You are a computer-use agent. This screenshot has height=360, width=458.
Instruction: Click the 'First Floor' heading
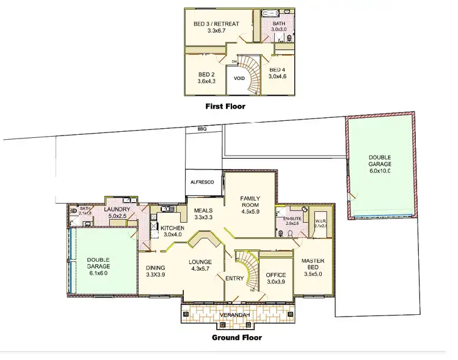coord(225,106)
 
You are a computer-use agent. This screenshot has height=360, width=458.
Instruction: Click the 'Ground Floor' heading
coord(236,337)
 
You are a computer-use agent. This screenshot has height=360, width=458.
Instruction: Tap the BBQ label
coord(202,129)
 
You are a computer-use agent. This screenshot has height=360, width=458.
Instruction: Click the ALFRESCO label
coord(203,181)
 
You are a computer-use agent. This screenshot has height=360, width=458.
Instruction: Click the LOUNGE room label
coord(202,265)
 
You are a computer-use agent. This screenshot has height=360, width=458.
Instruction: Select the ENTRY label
coord(235,279)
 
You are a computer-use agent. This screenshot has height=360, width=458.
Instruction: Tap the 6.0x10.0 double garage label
coord(379,164)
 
